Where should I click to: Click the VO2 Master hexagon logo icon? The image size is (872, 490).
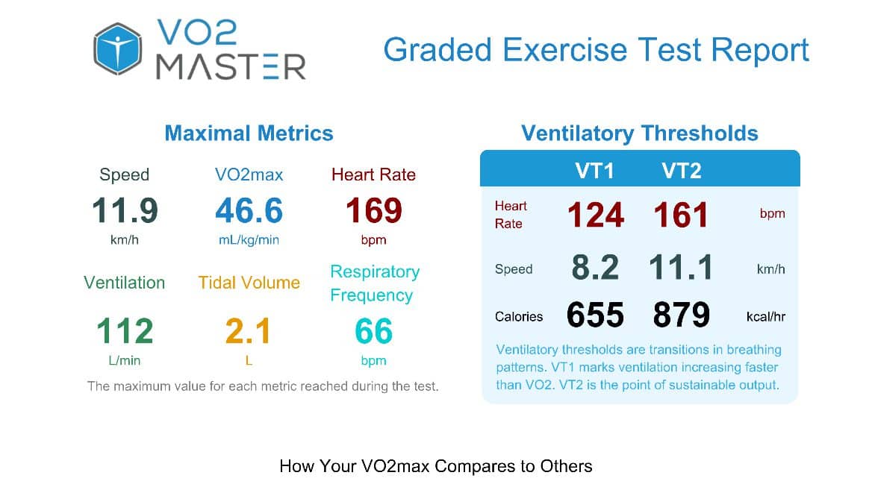click(118, 48)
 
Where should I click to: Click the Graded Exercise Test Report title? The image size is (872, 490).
click(596, 50)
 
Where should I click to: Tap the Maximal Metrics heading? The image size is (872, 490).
click(249, 134)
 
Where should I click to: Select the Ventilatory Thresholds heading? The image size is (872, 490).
click(639, 134)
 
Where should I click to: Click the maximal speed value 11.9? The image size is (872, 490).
click(125, 211)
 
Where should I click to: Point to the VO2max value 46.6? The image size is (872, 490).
click(249, 211)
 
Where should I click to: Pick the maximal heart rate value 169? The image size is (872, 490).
click(373, 211)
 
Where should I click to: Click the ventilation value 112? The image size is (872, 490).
click(125, 331)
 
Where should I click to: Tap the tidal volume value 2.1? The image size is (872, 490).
click(249, 331)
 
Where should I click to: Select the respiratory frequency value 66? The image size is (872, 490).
click(373, 331)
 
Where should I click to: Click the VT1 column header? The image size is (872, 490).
click(595, 171)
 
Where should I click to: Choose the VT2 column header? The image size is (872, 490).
click(681, 171)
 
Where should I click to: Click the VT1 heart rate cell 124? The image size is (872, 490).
click(596, 216)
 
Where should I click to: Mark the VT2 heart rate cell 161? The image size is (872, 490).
click(681, 216)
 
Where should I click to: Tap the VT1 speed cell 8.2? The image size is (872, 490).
click(596, 268)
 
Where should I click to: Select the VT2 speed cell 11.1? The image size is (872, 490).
click(681, 268)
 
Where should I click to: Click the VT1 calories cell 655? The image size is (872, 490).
click(595, 315)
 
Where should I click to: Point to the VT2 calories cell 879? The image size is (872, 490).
click(681, 315)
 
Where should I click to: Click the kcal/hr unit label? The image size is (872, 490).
click(766, 317)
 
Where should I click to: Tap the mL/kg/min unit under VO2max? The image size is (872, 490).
click(249, 240)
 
